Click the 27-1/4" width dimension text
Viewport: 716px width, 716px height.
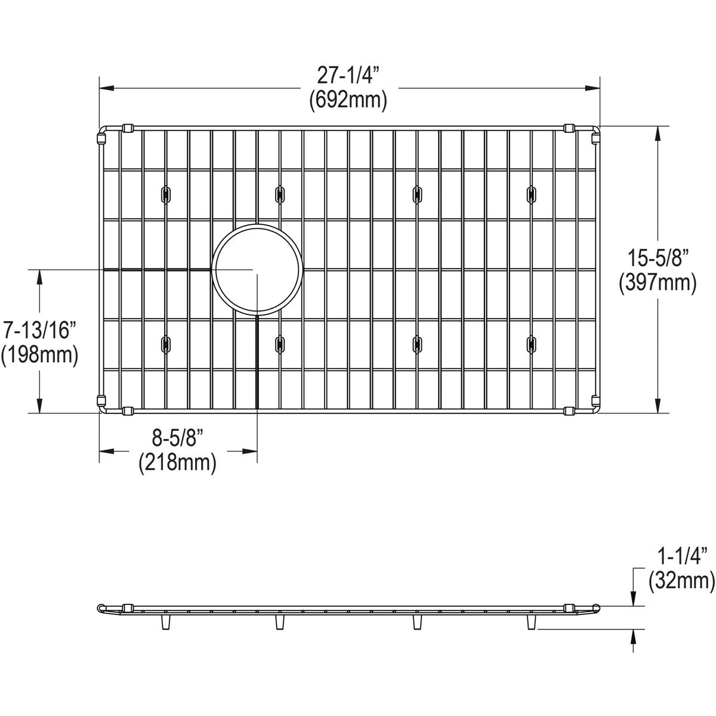click(x=348, y=76)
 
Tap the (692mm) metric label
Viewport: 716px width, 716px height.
click(x=348, y=100)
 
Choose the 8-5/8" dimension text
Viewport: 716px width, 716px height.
click(x=177, y=439)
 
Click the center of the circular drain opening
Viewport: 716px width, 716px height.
click(x=257, y=270)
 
